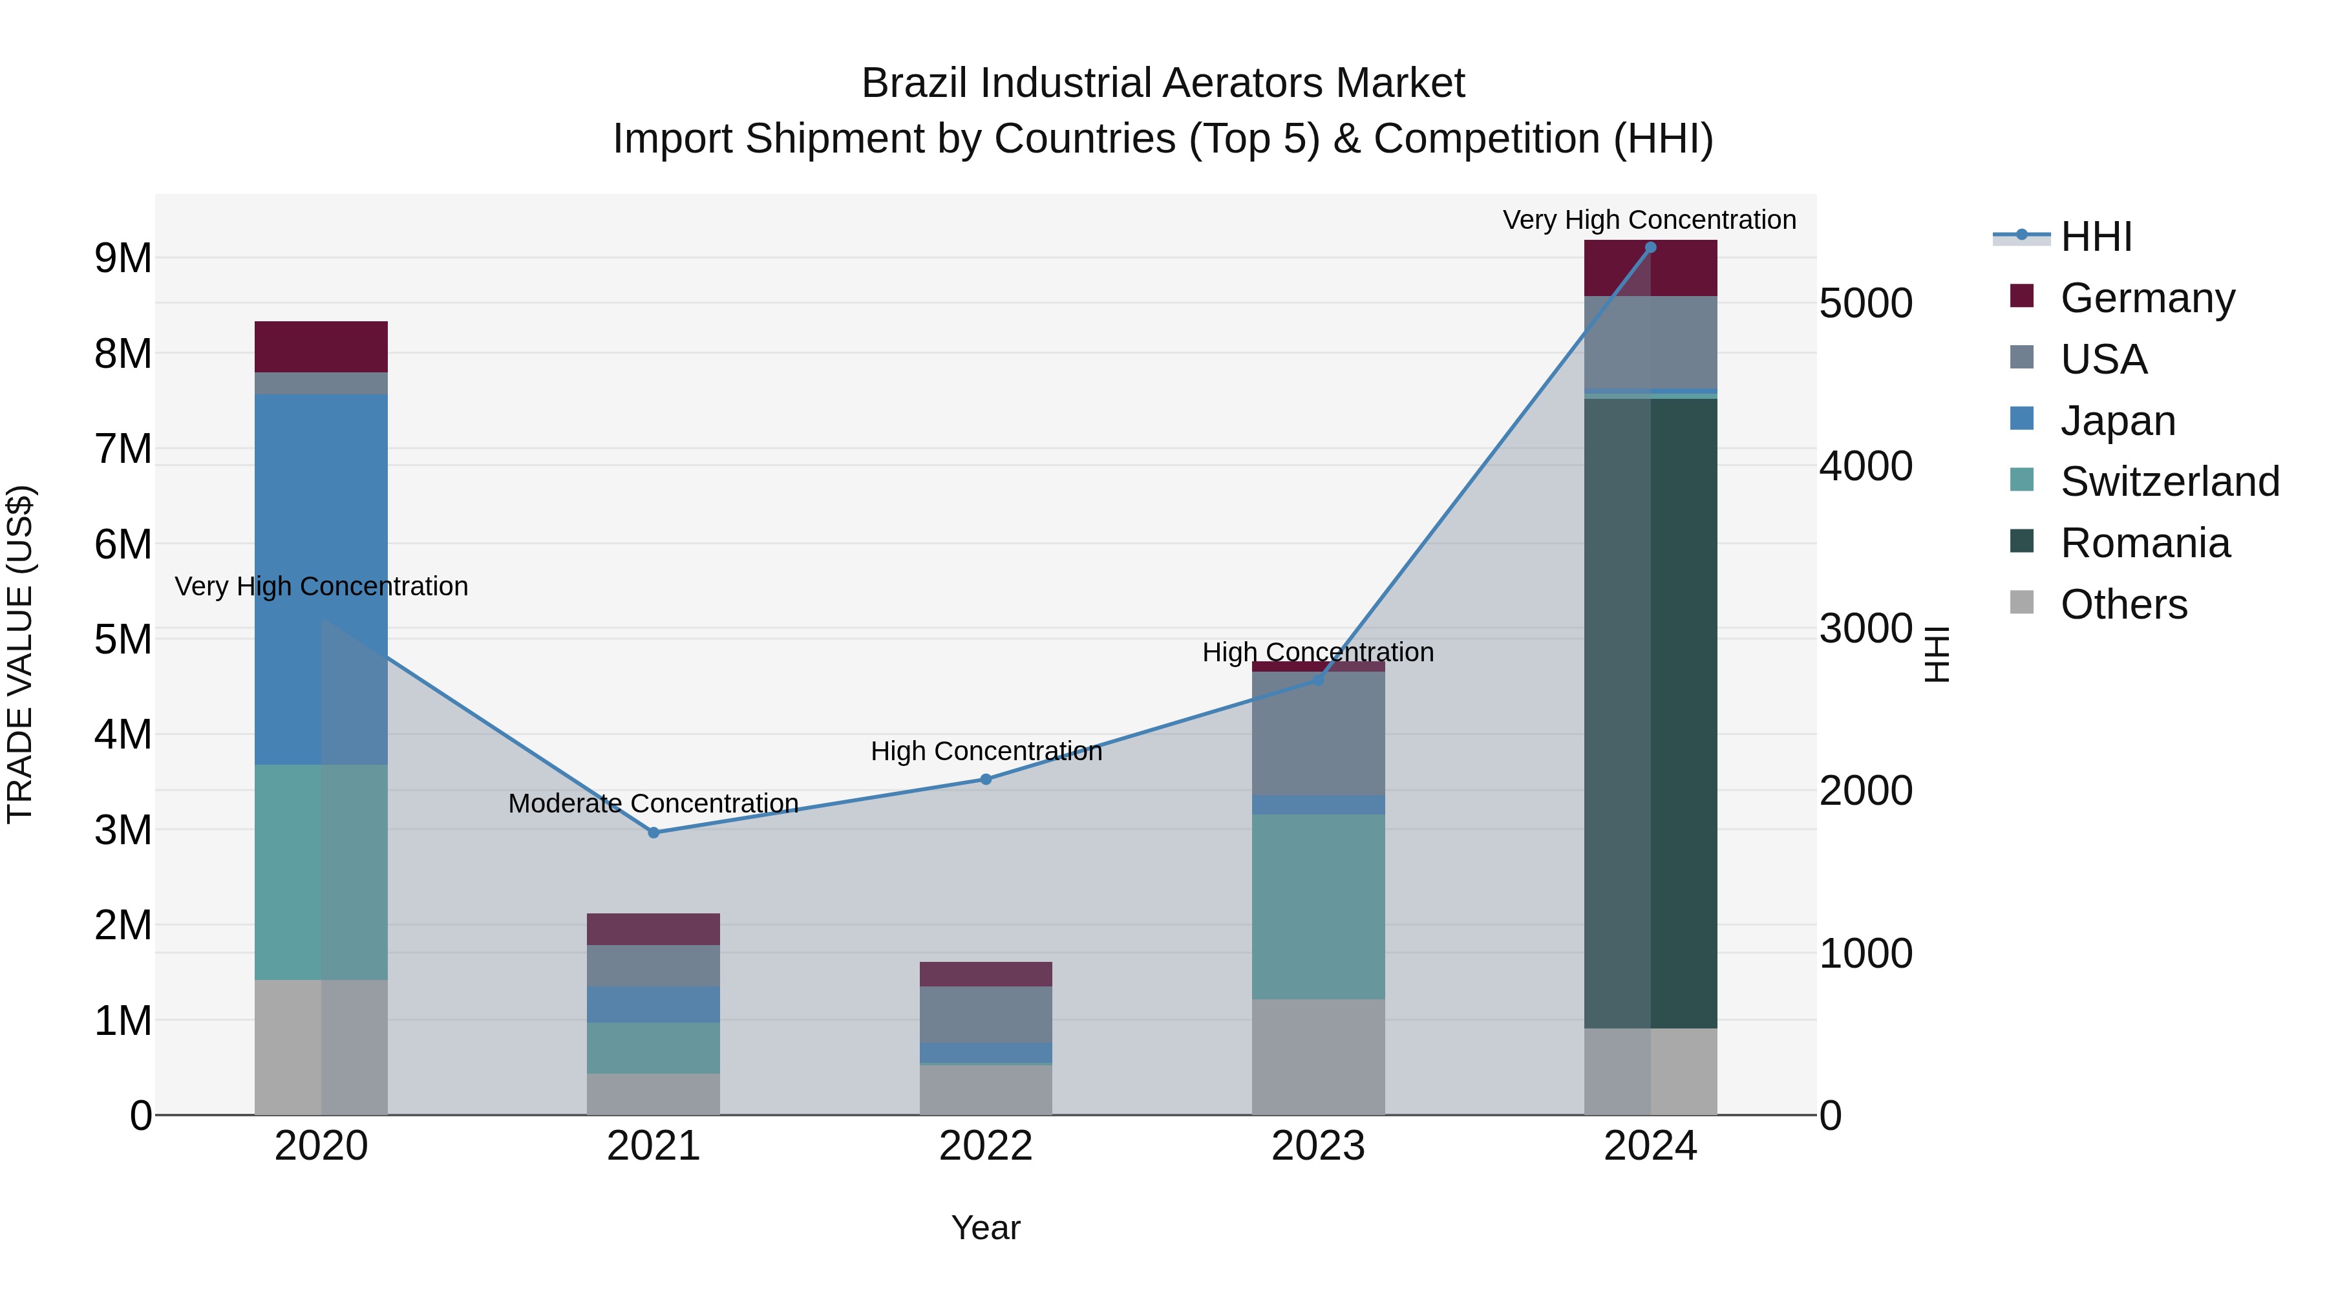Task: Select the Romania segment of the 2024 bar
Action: pyautogui.click(x=1650, y=714)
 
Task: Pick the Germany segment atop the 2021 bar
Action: pyautogui.click(x=653, y=929)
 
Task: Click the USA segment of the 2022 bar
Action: pyautogui.click(x=986, y=1014)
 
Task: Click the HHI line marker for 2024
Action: pyautogui.click(x=1650, y=248)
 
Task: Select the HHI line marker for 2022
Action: pyautogui.click(x=986, y=779)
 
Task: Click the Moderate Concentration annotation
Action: pyautogui.click(x=653, y=803)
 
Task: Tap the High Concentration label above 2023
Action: pyautogui.click(x=1318, y=652)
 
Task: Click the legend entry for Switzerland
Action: pyautogui.click(x=2170, y=482)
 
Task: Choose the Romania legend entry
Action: pyautogui.click(x=2145, y=543)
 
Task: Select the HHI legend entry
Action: pyautogui.click(x=2096, y=237)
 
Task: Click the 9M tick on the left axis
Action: pyautogui.click(x=123, y=259)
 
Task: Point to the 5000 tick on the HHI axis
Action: pyautogui.click(x=1865, y=304)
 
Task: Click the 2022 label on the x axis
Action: pyautogui.click(x=986, y=1146)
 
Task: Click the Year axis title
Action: pyautogui.click(x=986, y=1228)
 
